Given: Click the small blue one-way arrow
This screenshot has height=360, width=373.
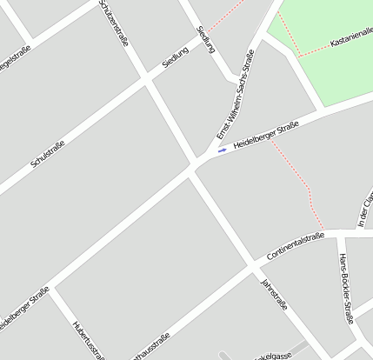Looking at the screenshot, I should (223, 150).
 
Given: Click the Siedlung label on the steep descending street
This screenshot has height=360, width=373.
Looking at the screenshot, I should (206, 39).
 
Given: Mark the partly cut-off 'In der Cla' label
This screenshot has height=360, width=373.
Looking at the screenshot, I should (365, 211).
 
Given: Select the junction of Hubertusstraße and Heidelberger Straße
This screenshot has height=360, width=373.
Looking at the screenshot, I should (52, 288).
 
